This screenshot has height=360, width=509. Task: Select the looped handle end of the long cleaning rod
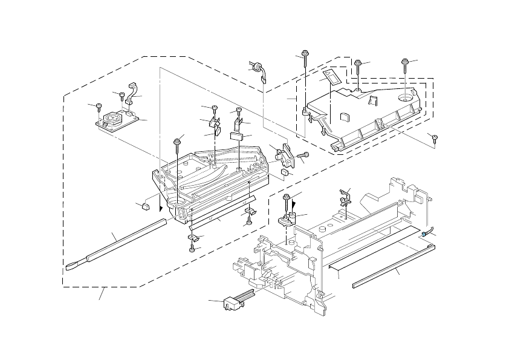tap(76, 264)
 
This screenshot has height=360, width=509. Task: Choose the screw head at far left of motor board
tap(99, 108)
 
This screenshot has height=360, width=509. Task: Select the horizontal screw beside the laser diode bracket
tap(303, 155)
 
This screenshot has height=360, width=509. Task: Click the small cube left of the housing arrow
tap(144, 206)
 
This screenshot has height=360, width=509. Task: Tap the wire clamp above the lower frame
tap(344, 195)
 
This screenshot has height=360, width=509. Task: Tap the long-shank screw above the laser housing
tap(177, 143)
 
